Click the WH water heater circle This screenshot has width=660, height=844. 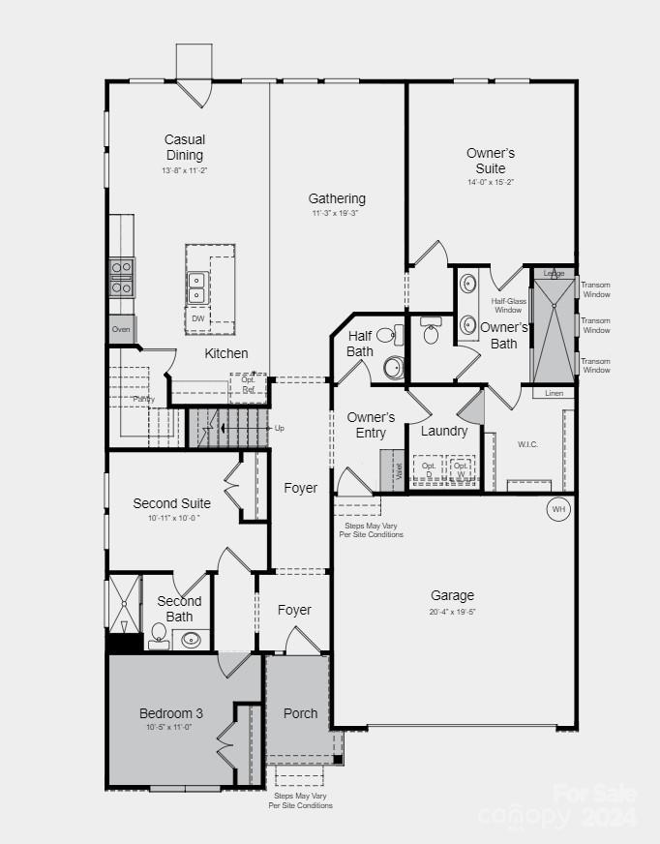558,509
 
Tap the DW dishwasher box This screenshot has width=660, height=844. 197,318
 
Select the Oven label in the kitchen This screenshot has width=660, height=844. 121,329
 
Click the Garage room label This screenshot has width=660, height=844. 452,595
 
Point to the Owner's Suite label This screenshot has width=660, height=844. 491,161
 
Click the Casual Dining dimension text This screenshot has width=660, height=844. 184,170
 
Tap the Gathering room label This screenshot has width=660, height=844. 337,198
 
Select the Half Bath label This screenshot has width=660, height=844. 360,344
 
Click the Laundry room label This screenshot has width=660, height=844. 444,431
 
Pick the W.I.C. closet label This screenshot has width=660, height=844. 527,444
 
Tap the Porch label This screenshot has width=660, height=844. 300,713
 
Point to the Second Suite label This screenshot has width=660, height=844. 171,503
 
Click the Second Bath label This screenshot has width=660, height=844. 179,609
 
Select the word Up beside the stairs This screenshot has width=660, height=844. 280,428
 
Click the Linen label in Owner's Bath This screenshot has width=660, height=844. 554,393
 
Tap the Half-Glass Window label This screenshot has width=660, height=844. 508,306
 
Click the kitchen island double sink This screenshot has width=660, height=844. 196,287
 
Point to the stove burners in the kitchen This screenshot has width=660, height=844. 122,277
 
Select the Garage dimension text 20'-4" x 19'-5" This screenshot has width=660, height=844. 452,612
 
